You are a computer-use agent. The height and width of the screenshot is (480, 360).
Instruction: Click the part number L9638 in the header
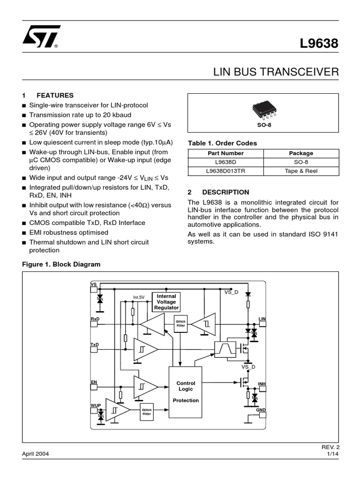pyautogui.click(x=319, y=44)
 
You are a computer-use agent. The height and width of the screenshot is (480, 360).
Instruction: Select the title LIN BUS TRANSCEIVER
pyautogui.click(x=276, y=72)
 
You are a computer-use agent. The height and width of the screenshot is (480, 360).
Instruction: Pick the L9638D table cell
pyautogui.click(x=225, y=162)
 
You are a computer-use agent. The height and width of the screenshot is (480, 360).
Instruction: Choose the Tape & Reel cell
pyautogui.click(x=301, y=171)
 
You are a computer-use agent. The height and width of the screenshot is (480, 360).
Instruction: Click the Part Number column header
pyautogui.click(x=225, y=153)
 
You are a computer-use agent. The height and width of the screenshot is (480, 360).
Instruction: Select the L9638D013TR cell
pyautogui.click(x=225, y=171)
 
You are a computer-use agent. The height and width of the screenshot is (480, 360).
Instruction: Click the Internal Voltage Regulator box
pyautogui.click(x=166, y=302)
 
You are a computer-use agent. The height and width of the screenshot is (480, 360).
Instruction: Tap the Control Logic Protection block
pyautogui.click(x=186, y=392)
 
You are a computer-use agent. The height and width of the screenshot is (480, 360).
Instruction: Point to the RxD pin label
pyautogui.click(x=95, y=319)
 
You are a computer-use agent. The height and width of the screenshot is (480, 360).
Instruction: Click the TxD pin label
pyautogui.click(x=95, y=345)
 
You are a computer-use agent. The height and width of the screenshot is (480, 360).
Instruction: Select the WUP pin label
pyautogui.click(x=95, y=404)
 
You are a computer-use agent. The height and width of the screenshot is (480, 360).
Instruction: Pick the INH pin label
pyautogui.click(x=262, y=384)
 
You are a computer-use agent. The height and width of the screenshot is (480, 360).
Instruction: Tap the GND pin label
pyautogui.click(x=261, y=410)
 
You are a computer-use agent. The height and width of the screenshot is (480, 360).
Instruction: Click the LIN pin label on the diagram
pyautogui.click(x=262, y=319)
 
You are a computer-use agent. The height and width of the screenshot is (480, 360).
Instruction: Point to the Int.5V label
pyautogui.click(x=139, y=297)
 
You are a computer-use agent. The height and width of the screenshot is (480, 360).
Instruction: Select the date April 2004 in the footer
pyautogui.click(x=36, y=454)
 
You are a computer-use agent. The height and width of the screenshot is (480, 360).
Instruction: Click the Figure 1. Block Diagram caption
pyautogui.click(x=61, y=264)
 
